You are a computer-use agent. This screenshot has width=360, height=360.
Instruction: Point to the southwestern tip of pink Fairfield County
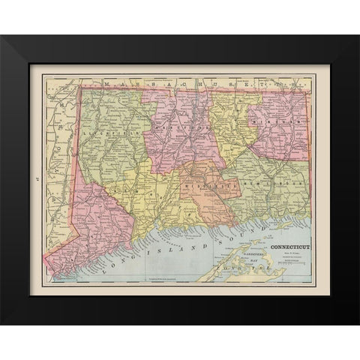tap(46, 262)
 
